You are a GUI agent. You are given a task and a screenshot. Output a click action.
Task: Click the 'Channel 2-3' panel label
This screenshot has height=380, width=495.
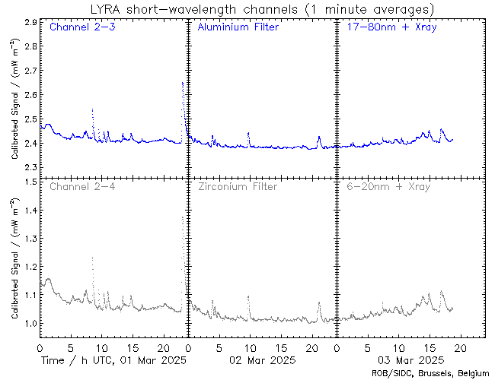[79, 28]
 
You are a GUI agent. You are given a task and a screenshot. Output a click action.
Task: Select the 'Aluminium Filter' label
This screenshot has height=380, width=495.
[238, 28]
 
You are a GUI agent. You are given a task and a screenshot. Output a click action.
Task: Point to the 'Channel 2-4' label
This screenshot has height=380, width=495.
[79, 186]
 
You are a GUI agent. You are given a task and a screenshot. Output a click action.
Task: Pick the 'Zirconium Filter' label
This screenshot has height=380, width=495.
[237, 186]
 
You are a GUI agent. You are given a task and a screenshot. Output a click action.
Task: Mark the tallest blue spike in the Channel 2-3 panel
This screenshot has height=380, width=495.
[183, 82]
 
